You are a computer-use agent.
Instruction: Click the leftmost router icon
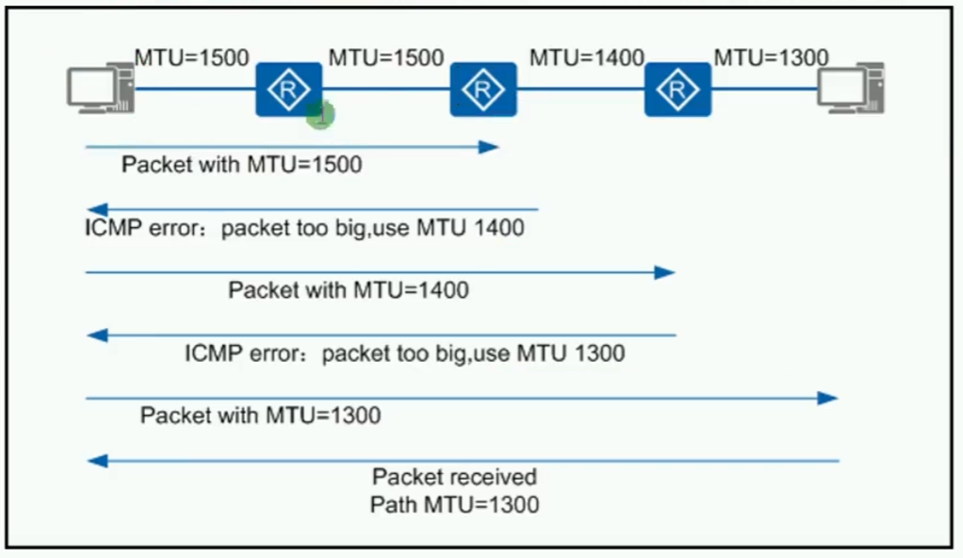click(x=288, y=90)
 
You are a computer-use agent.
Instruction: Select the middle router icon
click(x=483, y=90)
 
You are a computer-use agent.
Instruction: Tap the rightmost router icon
click(x=678, y=90)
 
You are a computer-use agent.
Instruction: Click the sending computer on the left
click(x=101, y=88)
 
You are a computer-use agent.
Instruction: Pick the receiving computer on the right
click(x=851, y=88)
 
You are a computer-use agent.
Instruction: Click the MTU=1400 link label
click(x=586, y=57)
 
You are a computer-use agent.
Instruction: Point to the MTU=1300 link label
click(x=771, y=57)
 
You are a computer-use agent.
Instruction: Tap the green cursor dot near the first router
click(x=320, y=114)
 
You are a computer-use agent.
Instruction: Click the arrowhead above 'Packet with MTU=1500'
click(x=489, y=147)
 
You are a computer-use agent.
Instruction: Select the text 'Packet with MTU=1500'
click(x=242, y=165)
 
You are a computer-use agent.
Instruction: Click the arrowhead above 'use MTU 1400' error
click(x=97, y=209)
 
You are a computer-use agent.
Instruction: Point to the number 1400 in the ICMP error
click(x=499, y=228)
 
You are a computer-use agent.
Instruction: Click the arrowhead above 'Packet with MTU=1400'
click(x=664, y=272)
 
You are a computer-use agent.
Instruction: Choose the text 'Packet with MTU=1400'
click(x=349, y=290)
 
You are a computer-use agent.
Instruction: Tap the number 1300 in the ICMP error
click(x=600, y=353)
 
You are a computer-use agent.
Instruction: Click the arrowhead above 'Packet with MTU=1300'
click(x=828, y=398)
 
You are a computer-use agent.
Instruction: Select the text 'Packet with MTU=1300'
click(x=260, y=416)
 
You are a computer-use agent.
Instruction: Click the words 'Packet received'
click(x=454, y=477)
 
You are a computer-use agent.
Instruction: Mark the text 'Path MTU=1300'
click(x=454, y=504)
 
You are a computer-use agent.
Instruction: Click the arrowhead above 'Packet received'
click(x=97, y=460)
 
